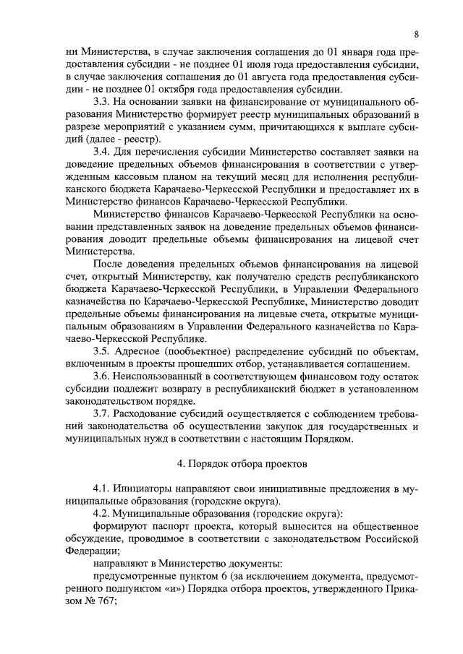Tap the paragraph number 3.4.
point(101,152)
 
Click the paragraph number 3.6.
point(101,377)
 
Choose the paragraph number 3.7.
point(101,414)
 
